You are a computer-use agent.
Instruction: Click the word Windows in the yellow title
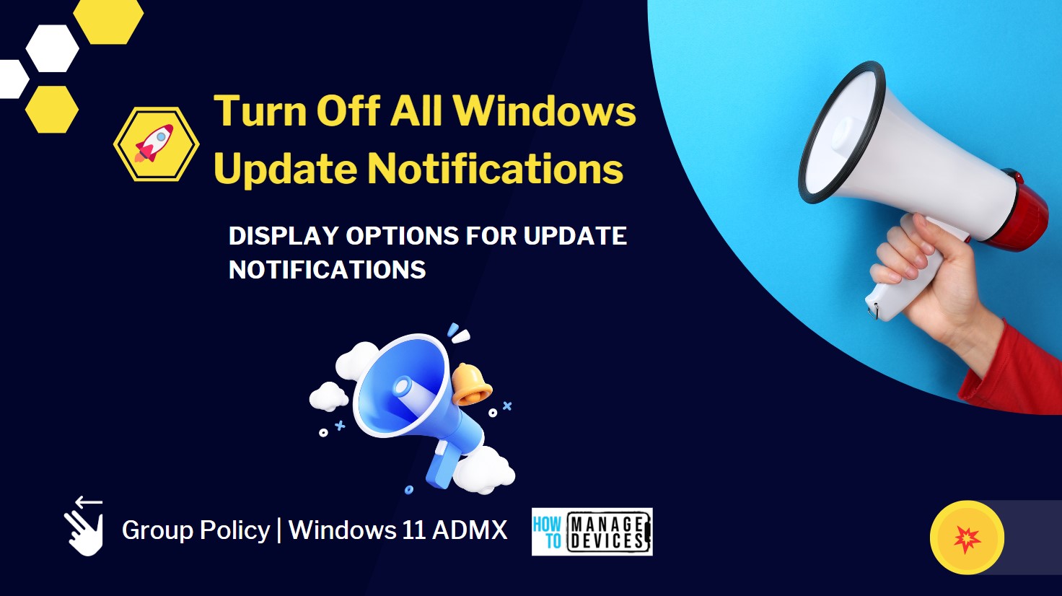coord(544,110)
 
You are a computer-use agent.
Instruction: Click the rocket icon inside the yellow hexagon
coord(154,143)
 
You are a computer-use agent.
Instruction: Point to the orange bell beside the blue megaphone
coord(471,384)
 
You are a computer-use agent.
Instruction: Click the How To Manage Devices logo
coord(592,532)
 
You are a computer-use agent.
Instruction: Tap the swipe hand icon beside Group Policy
coord(84,526)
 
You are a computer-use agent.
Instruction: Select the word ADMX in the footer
coord(470,530)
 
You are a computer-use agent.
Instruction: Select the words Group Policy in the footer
coord(196,530)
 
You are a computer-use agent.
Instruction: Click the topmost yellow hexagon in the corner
coord(108,21)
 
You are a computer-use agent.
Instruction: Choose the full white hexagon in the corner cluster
coord(52,48)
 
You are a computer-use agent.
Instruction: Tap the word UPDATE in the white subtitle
coord(575,236)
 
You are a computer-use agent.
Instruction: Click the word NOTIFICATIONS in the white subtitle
coord(327,270)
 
